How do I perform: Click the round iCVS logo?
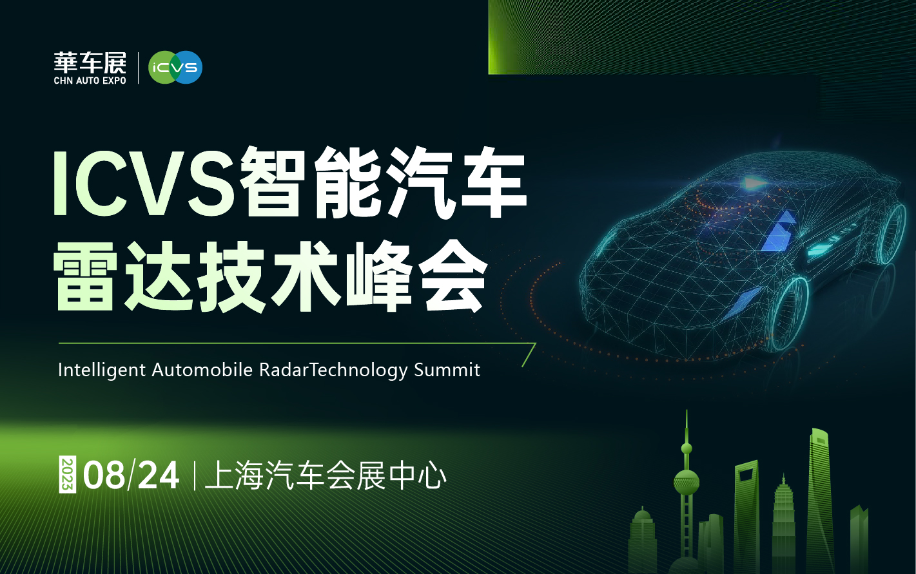point(175,67)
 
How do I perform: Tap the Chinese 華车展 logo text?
point(90,63)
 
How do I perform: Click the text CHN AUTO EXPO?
point(90,81)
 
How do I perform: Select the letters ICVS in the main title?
point(144,184)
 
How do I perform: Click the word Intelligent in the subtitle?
point(102,371)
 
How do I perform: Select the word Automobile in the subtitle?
point(202,370)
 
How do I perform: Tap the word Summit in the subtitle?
point(447,370)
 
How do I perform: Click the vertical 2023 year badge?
point(68,474)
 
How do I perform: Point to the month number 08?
point(104,475)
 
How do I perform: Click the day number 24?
point(159,475)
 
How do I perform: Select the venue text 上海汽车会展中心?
point(326,475)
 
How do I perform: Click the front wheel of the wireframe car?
point(789,314)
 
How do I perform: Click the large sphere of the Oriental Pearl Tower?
point(687,482)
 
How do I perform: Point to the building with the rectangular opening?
point(746,517)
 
